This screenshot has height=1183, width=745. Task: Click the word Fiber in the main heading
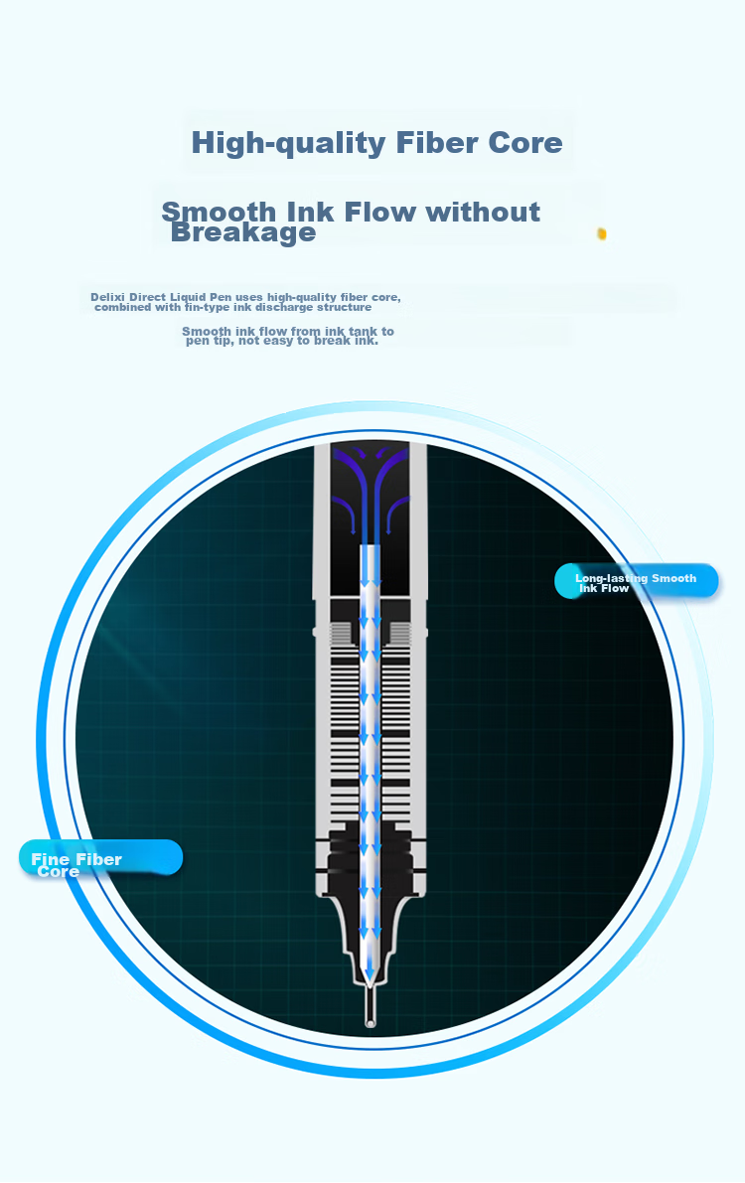tap(437, 143)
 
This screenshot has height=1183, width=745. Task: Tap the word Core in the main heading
tap(525, 143)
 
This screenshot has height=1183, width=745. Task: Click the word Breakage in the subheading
tap(243, 232)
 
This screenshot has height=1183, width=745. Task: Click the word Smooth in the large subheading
tap(219, 212)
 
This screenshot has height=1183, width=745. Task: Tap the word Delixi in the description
tap(107, 297)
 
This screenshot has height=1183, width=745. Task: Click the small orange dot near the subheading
tap(602, 233)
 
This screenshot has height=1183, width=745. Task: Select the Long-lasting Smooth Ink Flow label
tap(637, 582)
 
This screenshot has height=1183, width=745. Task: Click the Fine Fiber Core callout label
tap(100, 858)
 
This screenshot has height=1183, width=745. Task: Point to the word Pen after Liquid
tap(222, 297)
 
